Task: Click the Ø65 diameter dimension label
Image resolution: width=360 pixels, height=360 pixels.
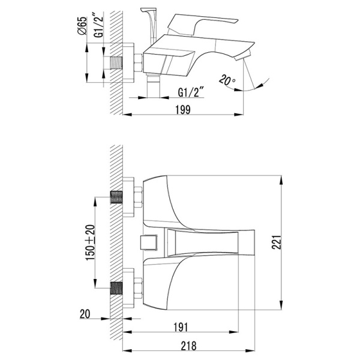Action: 83,25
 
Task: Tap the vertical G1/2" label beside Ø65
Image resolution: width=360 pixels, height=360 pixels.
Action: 99,25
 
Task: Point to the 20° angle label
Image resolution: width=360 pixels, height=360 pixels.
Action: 227,80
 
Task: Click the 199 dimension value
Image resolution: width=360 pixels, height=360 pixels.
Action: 183,110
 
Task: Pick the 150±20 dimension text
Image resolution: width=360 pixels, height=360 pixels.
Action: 90,242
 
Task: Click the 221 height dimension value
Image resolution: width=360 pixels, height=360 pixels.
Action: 277,242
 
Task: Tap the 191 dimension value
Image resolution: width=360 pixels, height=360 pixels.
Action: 181,328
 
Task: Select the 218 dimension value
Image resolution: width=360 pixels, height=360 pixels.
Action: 189,346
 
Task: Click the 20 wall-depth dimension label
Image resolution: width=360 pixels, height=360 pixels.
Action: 85,314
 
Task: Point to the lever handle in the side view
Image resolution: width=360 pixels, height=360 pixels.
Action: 202,24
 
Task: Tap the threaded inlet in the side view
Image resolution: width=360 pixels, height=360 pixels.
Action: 116,63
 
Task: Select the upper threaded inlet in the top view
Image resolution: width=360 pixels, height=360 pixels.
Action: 116,197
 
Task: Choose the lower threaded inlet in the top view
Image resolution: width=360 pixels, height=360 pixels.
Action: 116,288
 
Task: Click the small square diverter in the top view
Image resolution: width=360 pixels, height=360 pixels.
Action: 148,242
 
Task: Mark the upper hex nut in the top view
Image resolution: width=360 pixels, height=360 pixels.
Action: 138,197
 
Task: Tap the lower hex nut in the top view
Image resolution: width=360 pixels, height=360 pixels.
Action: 138,289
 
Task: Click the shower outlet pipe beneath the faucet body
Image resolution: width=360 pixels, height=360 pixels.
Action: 153,86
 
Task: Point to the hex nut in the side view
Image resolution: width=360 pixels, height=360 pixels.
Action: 139,63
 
